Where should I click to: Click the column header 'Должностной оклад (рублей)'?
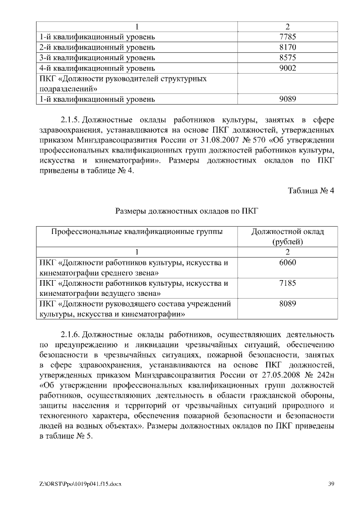tap(287, 236)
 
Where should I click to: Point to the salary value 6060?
tap(287, 263)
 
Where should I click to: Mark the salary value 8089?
tap(287, 304)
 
